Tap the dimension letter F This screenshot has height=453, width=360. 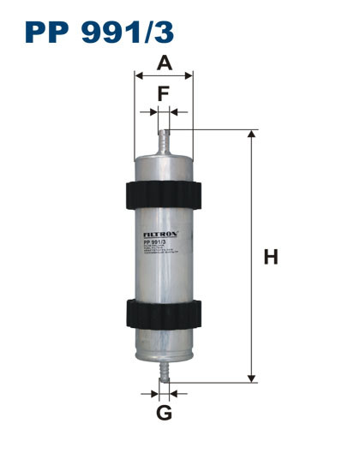click(x=164, y=92)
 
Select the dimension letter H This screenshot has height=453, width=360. click(x=271, y=256)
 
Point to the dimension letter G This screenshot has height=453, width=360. click(x=165, y=414)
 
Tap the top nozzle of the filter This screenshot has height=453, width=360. click(x=165, y=140)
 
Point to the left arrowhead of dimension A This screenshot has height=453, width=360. click(x=139, y=75)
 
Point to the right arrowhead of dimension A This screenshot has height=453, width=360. click(x=190, y=75)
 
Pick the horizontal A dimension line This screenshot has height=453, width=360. click(x=165, y=75)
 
